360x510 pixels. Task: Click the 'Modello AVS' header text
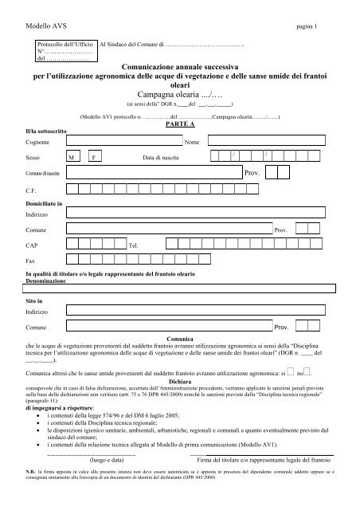(45, 26)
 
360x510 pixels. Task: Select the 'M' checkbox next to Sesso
(73, 158)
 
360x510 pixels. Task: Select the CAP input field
(96, 245)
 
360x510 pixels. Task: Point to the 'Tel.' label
(134, 247)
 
